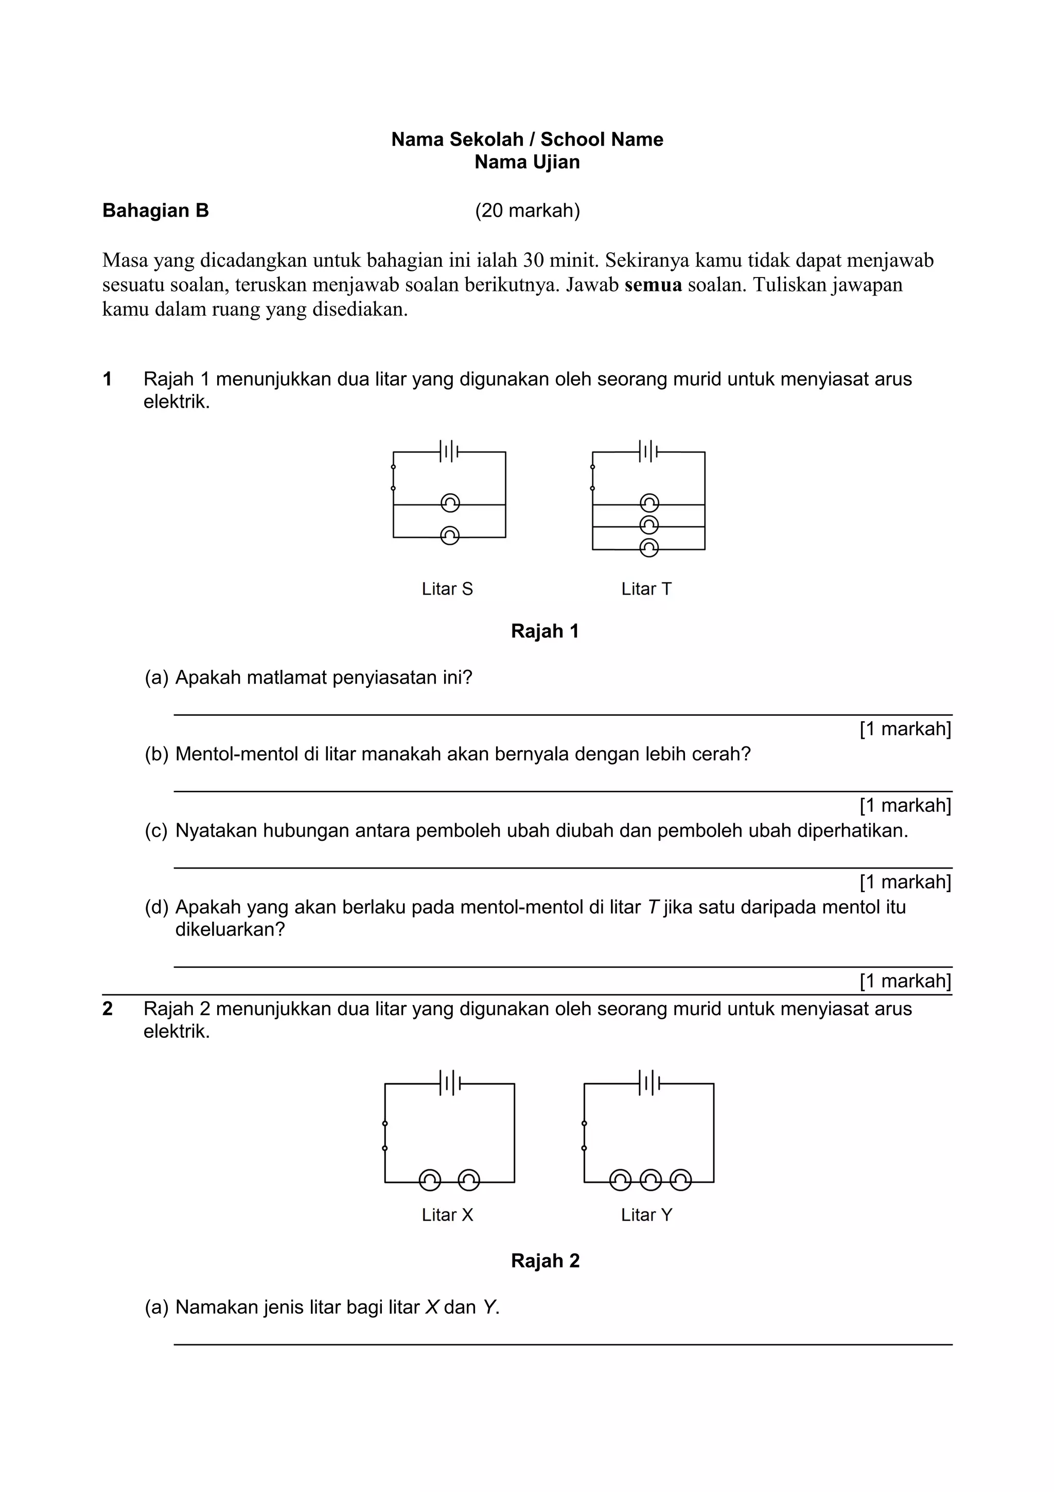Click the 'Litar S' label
click(447, 589)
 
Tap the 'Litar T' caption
click(646, 589)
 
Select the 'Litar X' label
click(447, 1215)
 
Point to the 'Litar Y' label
click(646, 1215)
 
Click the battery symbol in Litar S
click(449, 451)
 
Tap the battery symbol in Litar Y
click(649, 1083)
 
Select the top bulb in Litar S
click(450, 503)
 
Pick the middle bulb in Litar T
click(649, 525)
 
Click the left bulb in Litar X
click(429, 1180)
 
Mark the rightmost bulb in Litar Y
click(680, 1180)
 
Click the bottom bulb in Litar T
click(649, 548)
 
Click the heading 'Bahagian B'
click(156, 211)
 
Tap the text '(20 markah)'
click(528, 211)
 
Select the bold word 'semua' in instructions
click(653, 285)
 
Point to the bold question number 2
click(108, 1009)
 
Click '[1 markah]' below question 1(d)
click(905, 981)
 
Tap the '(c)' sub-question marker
click(156, 830)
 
